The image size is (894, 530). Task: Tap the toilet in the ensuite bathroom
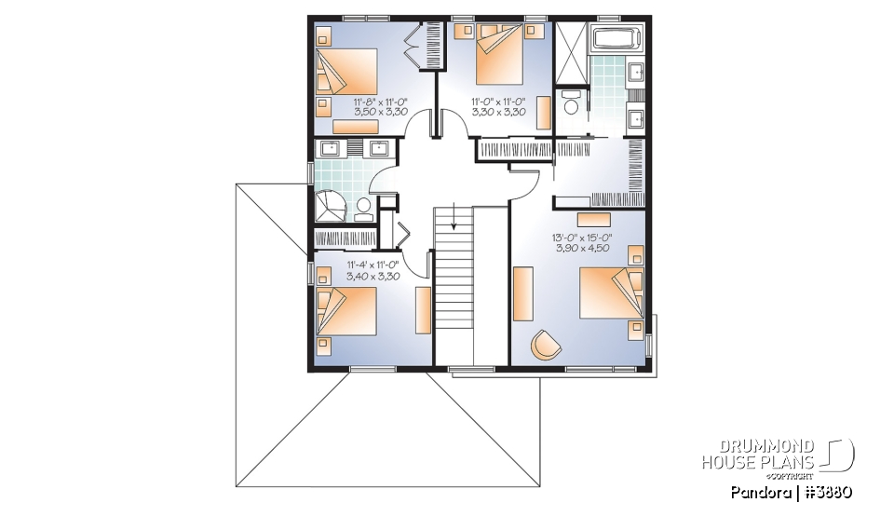(571, 102)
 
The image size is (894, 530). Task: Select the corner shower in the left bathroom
(330, 204)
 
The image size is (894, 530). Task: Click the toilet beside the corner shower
(363, 208)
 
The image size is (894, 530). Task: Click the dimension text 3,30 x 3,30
(499, 111)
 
